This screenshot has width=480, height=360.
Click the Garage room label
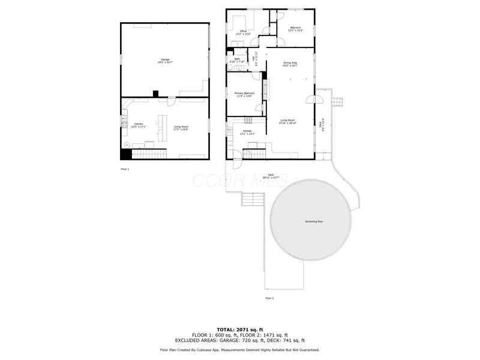[x=164, y=61]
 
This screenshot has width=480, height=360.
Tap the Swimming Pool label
[x=313, y=222]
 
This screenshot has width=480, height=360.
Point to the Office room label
[x=244, y=32]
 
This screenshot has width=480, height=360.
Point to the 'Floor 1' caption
[x=125, y=169]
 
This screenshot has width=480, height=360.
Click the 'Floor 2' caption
[x=269, y=298]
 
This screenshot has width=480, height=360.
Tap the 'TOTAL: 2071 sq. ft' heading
[x=240, y=329]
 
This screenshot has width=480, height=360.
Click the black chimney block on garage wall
[x=155, y=94]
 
